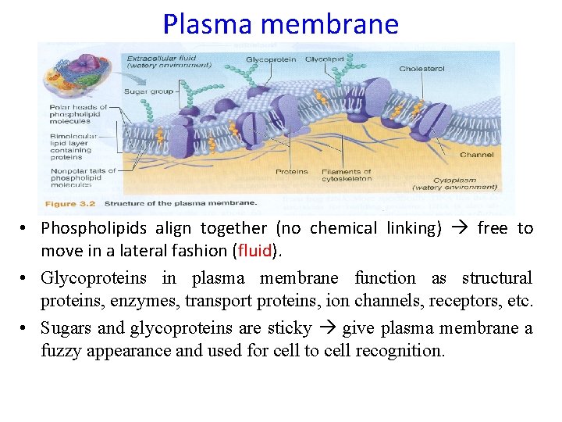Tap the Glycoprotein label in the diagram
[x=270, y=60]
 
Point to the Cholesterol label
[x=421, y=69]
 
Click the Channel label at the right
[x=477, y=155]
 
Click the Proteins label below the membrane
[x=292, y=172]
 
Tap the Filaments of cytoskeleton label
[x=347, y=175]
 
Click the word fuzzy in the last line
[x=63, y=351]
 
